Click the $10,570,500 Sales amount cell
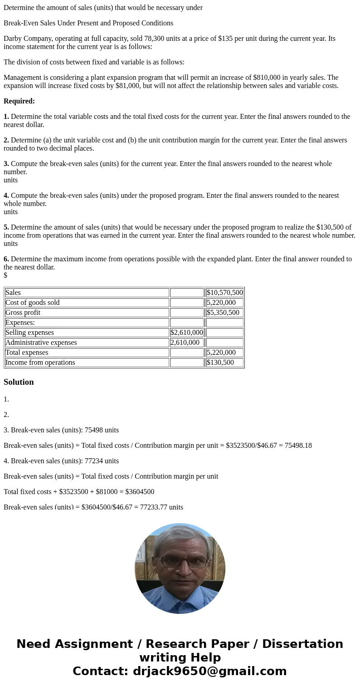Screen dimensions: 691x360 click(224, 293)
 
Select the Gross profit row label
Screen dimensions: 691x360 click(23, 313)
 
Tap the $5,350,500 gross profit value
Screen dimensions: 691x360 click(223, 313)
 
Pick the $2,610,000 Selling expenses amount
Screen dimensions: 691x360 click(187, 333)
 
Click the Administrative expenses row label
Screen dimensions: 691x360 click(41, 343)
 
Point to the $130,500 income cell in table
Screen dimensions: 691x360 click(220, 363)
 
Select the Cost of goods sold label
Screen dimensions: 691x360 click(32, 303)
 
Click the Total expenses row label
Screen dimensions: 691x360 click(26, 353)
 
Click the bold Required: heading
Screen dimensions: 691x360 click(19, 101)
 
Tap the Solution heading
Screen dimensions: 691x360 click(19, 382)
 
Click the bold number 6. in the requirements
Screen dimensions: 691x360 click(6, 259)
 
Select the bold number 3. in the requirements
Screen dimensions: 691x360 click(6, 164)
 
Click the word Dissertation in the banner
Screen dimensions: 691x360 click(302, 644)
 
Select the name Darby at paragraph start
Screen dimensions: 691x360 click(13, 39)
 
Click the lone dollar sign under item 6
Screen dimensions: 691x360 click(5, 275)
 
